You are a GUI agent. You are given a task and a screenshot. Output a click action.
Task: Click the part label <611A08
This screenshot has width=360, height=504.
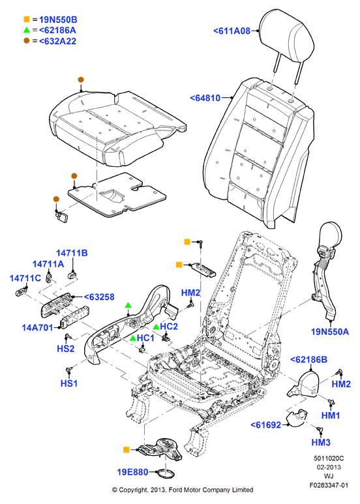point(232,31)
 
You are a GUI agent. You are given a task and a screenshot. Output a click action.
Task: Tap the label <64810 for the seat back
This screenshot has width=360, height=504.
point(205,98)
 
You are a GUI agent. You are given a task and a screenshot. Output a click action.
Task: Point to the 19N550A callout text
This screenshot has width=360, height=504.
point(330,331)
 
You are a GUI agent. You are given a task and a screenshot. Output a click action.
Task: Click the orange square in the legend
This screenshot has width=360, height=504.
point(27,20)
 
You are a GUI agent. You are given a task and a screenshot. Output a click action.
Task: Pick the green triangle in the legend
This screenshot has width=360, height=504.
point(27,30)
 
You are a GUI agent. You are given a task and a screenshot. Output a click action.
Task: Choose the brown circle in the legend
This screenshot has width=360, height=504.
point(27,41)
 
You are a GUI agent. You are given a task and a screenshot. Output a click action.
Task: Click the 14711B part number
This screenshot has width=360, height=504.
point(72,253)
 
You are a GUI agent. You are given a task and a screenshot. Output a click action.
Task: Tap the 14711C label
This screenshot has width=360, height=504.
point(25,278)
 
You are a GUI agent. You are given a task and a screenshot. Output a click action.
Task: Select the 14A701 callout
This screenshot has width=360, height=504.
point(37,327)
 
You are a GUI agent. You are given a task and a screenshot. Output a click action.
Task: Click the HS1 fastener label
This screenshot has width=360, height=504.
point(69,383)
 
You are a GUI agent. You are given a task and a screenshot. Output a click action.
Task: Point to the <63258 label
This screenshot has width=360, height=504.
point(99,297)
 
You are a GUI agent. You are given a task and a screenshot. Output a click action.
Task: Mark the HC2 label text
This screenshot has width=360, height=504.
point(169,326)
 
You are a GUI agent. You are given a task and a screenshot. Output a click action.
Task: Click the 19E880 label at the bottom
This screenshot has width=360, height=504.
point(133,472)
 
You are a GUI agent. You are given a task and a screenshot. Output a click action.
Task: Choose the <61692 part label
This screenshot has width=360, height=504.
point(266,425)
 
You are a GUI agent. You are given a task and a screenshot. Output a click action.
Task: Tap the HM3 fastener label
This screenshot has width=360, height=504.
point(321,442)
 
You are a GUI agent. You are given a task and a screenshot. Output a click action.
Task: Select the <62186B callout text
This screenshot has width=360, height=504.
point(309,359)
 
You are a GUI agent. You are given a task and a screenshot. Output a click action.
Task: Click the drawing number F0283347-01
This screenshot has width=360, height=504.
point(329,485)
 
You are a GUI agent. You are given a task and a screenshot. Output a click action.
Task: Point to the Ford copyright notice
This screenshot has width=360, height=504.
point(183,490)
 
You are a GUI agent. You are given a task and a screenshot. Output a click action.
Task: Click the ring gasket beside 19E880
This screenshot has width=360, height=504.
point(165,473)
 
